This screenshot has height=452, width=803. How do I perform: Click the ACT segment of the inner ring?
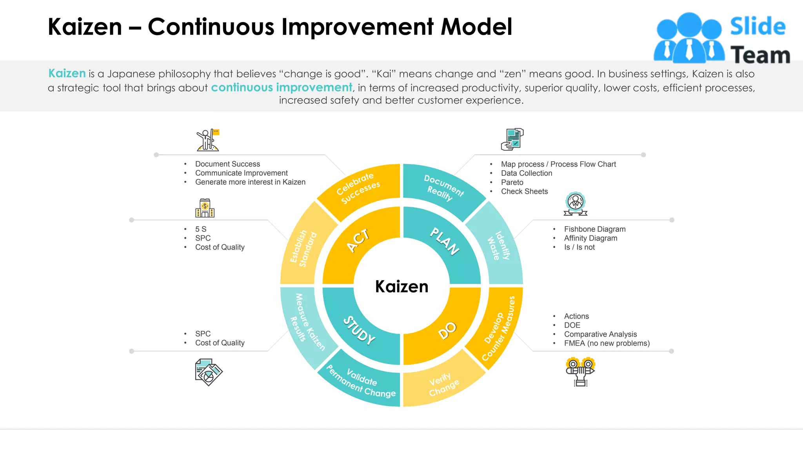[358, 240]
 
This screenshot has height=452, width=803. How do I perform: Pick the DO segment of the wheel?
[447, 330]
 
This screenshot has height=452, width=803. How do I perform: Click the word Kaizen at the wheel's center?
[401, 286]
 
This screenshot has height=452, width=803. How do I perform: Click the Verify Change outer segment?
[443, 385]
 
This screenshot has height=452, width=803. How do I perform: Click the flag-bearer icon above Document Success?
[208, 140]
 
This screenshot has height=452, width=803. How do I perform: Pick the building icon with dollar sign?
[205, 208]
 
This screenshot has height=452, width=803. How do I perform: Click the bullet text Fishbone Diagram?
[594, 229]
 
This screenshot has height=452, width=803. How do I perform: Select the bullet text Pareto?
[512, 182]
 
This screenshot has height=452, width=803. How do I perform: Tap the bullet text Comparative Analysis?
[600, 334]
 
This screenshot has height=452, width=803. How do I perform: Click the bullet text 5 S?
[201, 229]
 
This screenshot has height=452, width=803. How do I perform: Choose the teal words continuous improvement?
[282, 87]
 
